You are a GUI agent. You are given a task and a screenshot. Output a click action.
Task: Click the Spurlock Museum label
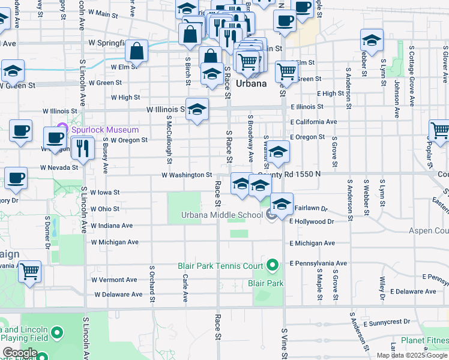pos(105,130)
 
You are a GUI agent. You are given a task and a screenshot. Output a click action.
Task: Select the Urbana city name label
pos(251,83)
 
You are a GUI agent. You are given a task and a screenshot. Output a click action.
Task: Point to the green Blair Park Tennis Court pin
pos(273,264)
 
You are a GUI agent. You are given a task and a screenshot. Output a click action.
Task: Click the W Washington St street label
pos(187,175)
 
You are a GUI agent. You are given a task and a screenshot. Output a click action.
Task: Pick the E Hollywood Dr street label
pos(311,221)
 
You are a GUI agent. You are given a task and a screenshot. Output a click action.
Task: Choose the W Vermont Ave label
pos(114,280)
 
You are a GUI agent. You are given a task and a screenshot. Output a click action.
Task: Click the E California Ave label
pos(313,122)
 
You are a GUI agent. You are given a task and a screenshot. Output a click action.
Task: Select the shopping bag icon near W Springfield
pos(137,51)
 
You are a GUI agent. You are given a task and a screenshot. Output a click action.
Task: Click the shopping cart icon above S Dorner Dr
pos(29,272)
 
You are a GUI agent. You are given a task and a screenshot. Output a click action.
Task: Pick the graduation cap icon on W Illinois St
pos(197,110)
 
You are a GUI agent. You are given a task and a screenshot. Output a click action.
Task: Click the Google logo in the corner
pos(19,353)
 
